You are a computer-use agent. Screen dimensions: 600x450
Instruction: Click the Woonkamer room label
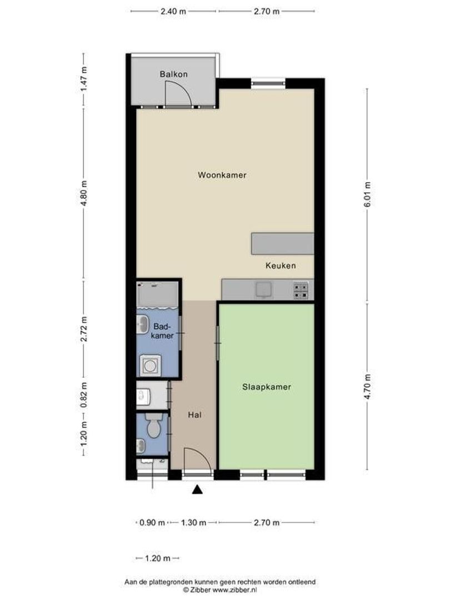222,175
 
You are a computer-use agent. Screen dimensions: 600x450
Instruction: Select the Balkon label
173,74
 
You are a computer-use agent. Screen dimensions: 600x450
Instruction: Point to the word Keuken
281,266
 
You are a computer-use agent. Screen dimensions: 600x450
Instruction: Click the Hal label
194,414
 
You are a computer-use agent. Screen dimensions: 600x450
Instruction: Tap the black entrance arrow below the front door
197,489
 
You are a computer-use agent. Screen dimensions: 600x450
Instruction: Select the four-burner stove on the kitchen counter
301,291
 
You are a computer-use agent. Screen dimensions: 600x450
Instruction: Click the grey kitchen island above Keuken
282,243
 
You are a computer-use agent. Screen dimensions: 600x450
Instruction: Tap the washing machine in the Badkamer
149,365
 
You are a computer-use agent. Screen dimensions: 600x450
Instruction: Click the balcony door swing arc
178,92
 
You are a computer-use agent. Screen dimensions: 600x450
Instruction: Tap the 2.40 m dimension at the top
174,11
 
